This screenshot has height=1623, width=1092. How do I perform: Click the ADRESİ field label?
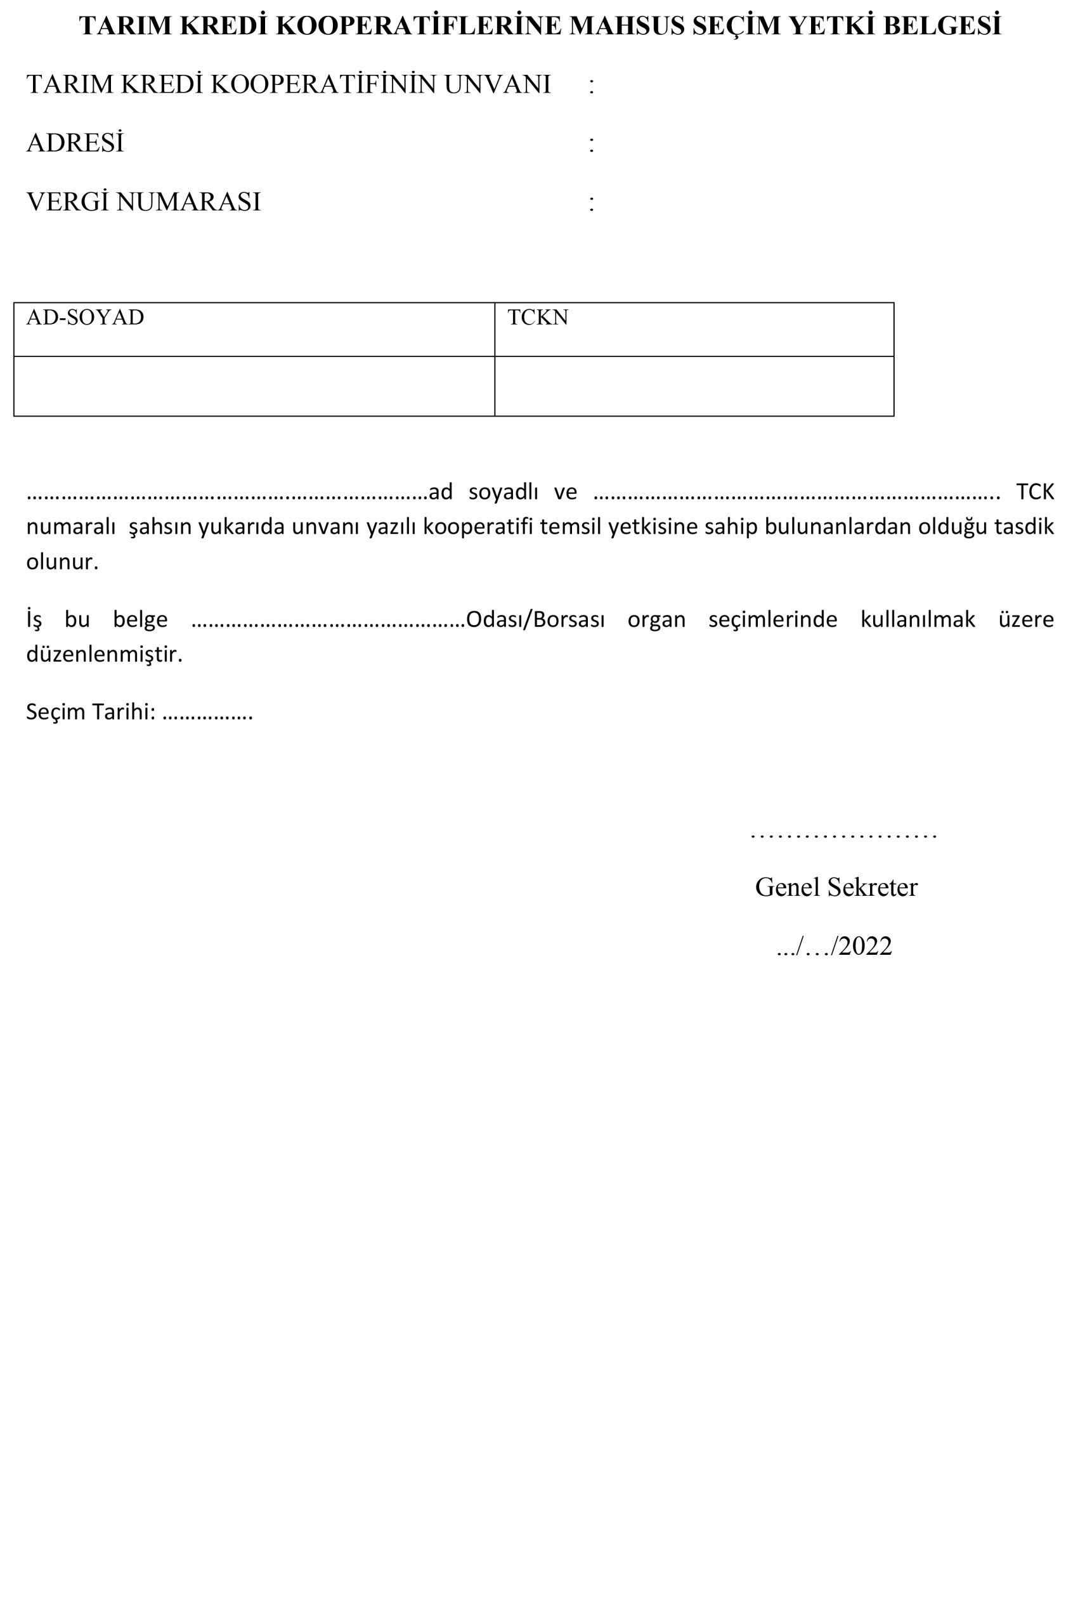click(x=75, y=143)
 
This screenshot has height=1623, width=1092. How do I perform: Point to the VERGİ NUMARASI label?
click(x=143, y=202)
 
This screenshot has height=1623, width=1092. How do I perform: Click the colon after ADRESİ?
click(x=591, y=144)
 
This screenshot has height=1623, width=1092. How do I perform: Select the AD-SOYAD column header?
click(x=85, y=318)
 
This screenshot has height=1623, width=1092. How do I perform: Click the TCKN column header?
click(x=538, y=318)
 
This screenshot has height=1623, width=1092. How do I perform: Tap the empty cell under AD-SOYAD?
click(x=254, y=387)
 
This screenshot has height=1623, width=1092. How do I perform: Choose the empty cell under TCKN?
click(x=694, y=387)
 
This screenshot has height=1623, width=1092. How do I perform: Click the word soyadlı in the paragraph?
click(x=503, y=491)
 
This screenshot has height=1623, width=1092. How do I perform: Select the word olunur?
click(x=62, y=562)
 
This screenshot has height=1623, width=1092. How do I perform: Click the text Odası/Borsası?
click(x=535, y=619)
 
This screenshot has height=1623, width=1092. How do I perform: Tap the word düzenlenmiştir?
click(x=104, y=654)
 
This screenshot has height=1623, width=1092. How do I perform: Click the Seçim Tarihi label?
click(x=90, y=711)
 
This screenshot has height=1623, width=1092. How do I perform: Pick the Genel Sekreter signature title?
click(x=836, y=887)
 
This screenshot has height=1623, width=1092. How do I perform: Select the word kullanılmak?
click(x=917, y=619)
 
